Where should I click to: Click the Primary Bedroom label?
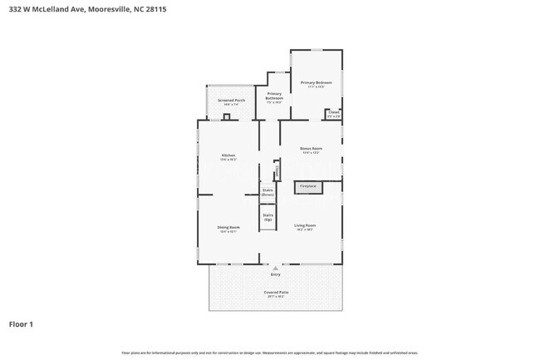point(316,84)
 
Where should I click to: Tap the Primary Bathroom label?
point(274,96)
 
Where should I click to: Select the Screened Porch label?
point(231,101)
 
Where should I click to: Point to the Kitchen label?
point(228,156)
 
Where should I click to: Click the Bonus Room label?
point(311,150)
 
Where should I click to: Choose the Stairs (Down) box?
point(268,192)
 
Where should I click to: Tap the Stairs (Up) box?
point(268,217)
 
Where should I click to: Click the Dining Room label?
point(228,229)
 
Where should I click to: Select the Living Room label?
point(305,226)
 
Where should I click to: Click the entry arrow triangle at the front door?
point(275,269)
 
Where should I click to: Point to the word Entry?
point(275,274)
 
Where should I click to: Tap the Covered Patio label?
point(275,294)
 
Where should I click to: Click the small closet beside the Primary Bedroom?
point(333,114)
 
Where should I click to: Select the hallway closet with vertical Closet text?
point(276,172)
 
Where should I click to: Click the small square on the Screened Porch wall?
point(226,117)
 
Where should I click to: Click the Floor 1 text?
point(22,324)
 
